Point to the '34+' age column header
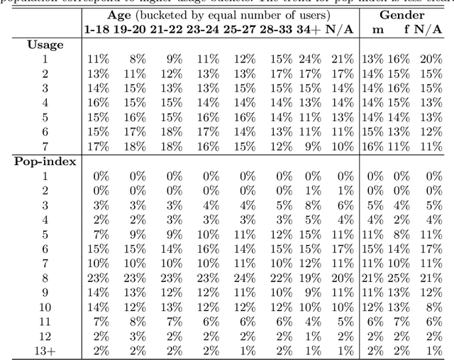tap(309, 29)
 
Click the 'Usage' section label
tap(45, 45)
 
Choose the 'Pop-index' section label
tap(45, 161)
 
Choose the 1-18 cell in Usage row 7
tap(97, 146)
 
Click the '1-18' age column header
tap(97, 29)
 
